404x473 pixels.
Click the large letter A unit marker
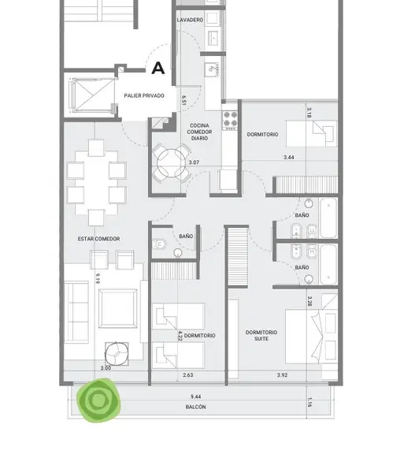coord(158,68)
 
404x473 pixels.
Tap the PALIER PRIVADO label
coord(144,95)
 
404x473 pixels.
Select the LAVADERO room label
coord(190,20)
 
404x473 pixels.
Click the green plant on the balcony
coord(98,400)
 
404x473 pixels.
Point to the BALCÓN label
coord(195,407)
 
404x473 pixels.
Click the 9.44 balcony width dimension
coord(195,397)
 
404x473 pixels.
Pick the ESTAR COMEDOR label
coord(98,239)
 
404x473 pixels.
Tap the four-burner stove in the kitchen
coord(230,121)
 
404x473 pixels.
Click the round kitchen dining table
coord(171,163)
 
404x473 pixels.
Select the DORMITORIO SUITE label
coord(261,336)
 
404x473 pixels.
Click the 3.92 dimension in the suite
coord(282,375)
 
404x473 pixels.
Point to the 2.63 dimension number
coord(187,375)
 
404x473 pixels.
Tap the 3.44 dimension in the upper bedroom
coord(289,157)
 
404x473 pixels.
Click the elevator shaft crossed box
coord(94,95)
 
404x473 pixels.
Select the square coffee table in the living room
coord(117,308)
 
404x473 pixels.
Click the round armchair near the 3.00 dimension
coord(117,354)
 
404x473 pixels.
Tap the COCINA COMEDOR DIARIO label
coord(199,132)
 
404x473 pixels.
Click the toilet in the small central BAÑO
coord(159,244)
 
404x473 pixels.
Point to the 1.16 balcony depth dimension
coord(309,402)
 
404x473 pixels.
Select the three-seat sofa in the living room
coord(76,312)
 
